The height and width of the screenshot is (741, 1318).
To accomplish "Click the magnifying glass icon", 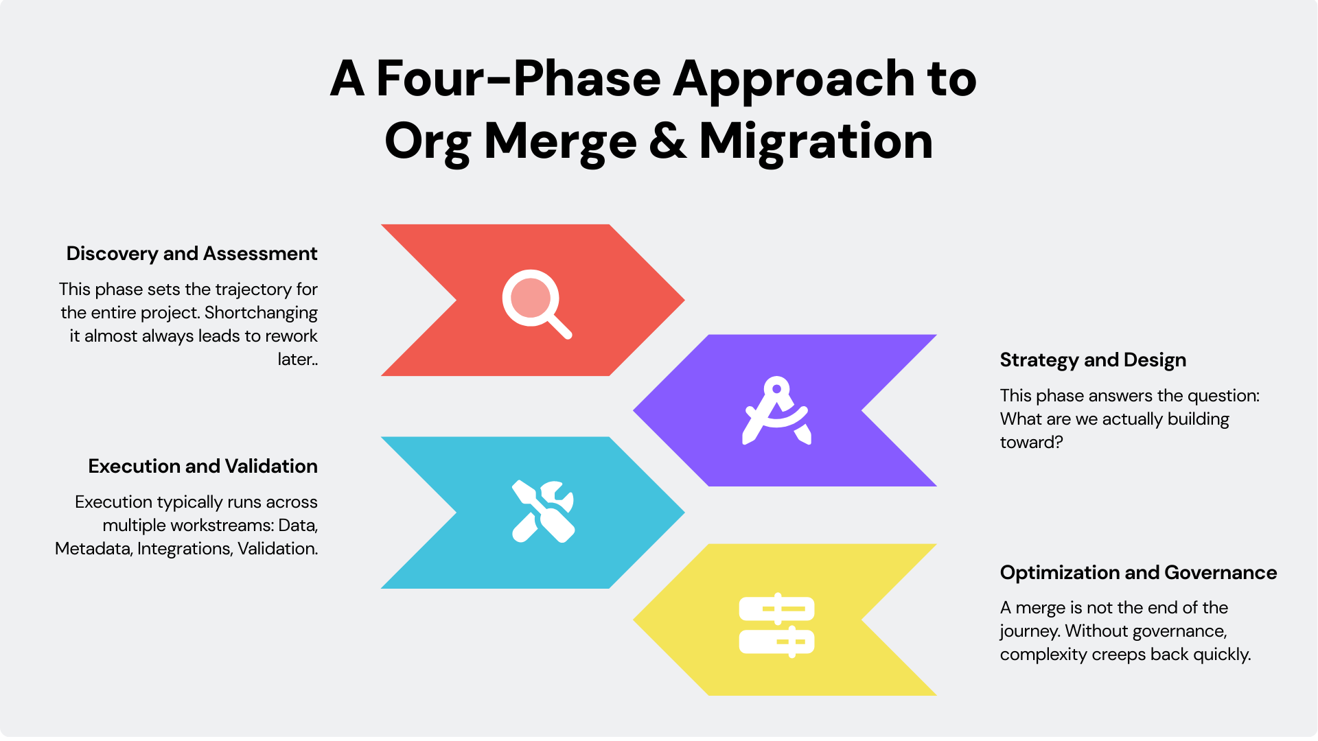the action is [x=536, y=303].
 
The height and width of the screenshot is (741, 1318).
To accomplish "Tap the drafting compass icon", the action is [x=777, y=410].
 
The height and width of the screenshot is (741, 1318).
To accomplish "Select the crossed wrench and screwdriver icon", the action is [x=543, y=512].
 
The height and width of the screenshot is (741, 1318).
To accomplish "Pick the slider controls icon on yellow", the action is [x=776, y=624].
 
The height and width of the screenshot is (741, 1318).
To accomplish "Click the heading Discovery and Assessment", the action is [x=192, y=254].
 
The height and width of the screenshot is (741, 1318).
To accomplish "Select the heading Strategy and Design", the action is [x=1093, y=360].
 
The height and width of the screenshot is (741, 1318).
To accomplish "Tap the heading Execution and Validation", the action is [x=203, y=467].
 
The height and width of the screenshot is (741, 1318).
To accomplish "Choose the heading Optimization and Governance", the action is [x=1138, y=573].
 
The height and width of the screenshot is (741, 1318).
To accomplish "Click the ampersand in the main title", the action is [x=667, y=141].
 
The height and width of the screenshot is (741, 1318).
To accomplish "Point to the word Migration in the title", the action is [x=816, y=141].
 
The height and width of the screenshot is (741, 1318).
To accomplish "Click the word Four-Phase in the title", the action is [x=518, y=78].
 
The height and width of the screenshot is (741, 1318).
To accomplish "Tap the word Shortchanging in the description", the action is [x=261, y=313].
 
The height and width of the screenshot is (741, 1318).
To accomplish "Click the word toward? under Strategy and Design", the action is [x=1031, y=443].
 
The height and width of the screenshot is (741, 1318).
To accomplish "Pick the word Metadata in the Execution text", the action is [x=93, y=549].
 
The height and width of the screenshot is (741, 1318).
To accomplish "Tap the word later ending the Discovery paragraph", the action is [x=296, y=360].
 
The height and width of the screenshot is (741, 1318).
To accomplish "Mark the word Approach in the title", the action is [x=794, y=78].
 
